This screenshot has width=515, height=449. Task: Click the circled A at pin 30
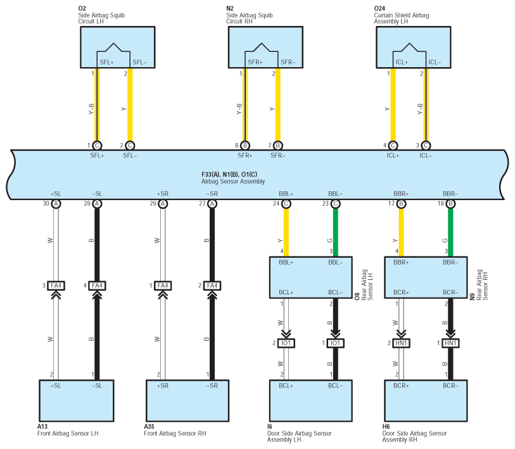click(x=56, y=204)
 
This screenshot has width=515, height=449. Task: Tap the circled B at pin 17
click(x=401, y=204)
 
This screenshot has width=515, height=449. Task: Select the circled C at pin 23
click(x=335, y=204)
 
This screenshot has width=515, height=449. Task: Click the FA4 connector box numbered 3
click(x=56, y=286)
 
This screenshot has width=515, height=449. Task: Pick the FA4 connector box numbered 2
click(x=212, y=286)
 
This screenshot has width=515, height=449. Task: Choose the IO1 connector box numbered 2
click(x=286, y=343)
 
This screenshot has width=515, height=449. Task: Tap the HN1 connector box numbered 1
click(x=450, y=343)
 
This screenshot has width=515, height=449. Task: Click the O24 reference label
click(x=379, y=8)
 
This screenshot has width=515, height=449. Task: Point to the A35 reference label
click(x=149, y=427)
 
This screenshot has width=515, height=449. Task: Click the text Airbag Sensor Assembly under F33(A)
click(x=233, y=181)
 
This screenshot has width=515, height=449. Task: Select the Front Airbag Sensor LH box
click(x=77, y=401)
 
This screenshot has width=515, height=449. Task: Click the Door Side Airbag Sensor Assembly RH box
click(x=426, y=401)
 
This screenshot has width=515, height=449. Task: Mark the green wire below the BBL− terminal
click(x=335, y=232)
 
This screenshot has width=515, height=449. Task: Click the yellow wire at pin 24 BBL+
click(x=286, y=232)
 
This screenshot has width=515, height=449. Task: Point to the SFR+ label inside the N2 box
click(x=255, y=63)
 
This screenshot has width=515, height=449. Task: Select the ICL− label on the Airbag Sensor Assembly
click(x=426, y=156)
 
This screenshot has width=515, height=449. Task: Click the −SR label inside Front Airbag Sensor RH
click(x=212, y=386)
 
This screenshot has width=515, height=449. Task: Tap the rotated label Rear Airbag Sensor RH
click(x=482, y=285)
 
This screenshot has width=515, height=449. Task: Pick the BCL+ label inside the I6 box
click(x=286, y=386)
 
